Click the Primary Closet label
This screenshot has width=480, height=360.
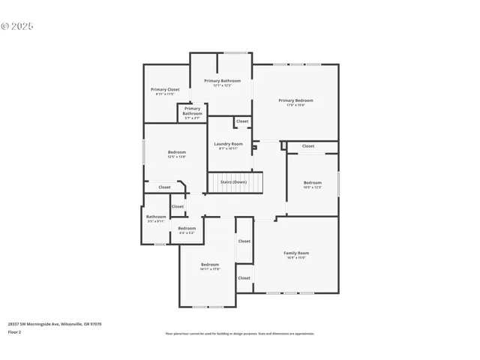pos(164,89)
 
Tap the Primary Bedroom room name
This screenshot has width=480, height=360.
pos(295,100)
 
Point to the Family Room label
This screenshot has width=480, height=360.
pos(295,253)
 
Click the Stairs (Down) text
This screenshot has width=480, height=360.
pos(233,181)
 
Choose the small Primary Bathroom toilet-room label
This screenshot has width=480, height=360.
pos(192,111)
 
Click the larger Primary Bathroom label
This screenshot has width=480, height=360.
pos(222,80)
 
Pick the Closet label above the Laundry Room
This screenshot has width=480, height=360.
pos(242,121)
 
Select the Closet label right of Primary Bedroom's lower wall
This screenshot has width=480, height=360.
pos(308,145)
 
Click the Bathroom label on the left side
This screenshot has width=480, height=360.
pos(156,217)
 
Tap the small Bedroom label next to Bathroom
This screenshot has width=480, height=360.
pos(187,228)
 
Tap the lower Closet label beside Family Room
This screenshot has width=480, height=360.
pos(244,277)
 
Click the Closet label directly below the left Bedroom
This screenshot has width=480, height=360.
pos(164,187)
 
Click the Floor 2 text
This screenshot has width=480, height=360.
pos(15,331)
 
